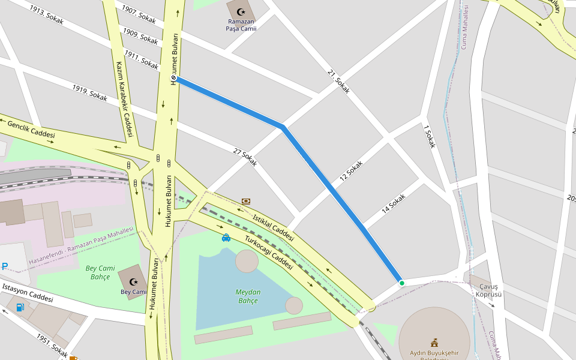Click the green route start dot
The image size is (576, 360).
point(401,283)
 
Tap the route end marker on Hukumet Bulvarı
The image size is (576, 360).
point(173,78)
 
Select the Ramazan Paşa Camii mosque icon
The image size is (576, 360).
point(241,12)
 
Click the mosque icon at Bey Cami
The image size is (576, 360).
point(133,281)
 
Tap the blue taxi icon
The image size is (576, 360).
point(226,238)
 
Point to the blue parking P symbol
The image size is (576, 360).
point(5,266)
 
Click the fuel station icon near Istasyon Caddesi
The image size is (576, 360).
point(20,308)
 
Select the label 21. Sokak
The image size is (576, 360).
point(339,82)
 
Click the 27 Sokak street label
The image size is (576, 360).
point(245,157)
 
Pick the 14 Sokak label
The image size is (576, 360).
point(394,203)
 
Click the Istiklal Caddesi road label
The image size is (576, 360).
point(273,227)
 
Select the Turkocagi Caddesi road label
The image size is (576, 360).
point(268,252)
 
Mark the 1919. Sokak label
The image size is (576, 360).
point(89,92)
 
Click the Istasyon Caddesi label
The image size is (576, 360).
point(28,292)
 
